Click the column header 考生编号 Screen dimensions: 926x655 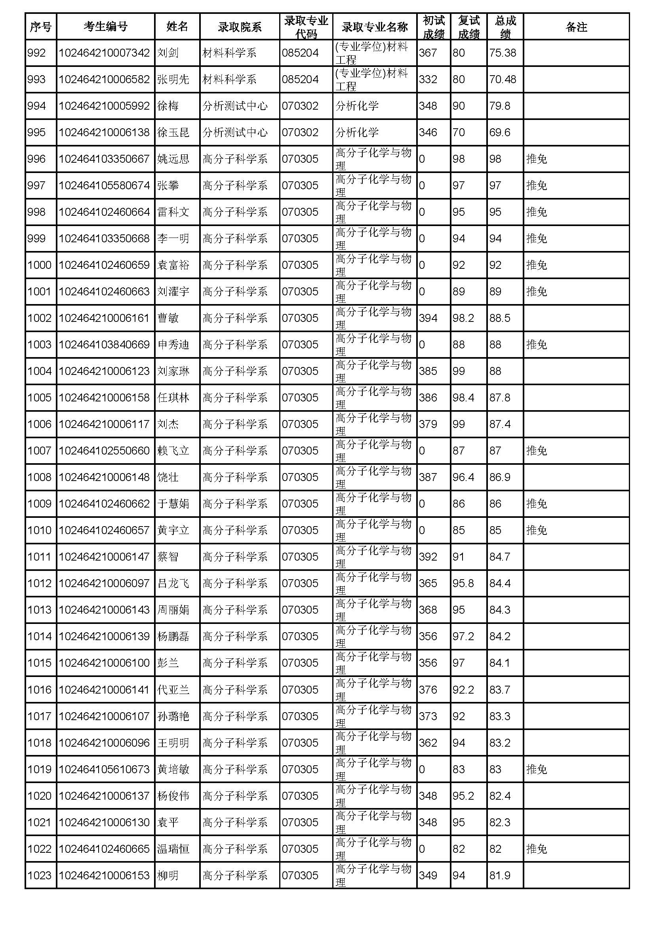click(x=105, y=27)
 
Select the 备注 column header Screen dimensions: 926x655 click(x=576, y=27)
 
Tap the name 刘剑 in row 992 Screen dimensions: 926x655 click(x=168, y=53)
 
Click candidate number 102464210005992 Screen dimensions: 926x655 click(x=105, y=106)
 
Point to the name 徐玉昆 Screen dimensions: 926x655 click(x=173, y=132)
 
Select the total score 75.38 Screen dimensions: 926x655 click(x=503, y=53)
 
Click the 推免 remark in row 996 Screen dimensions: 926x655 click(x=537, y=159)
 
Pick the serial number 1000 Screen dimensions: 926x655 click(x=40, y=265)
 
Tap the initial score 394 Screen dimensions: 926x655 click(x=428, y=318)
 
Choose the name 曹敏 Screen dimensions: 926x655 click(x=168, y=318)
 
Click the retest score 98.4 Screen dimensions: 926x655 click(x=463, y=397)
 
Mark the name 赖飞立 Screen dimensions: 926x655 click(x=173, y=451)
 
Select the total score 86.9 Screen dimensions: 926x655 click(x=500, y=477)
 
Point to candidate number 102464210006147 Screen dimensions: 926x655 click(x=105, y=557)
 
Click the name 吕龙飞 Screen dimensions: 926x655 click(x=173, y=583)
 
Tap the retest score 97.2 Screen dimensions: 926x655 click(x=463, y=637)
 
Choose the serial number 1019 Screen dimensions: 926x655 click(x=40, y=769)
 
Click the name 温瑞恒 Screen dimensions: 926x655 click(x=173, y=849)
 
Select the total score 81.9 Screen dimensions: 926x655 click(x=500, y=876)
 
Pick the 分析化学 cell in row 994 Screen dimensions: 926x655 click(x=357, y=106)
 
